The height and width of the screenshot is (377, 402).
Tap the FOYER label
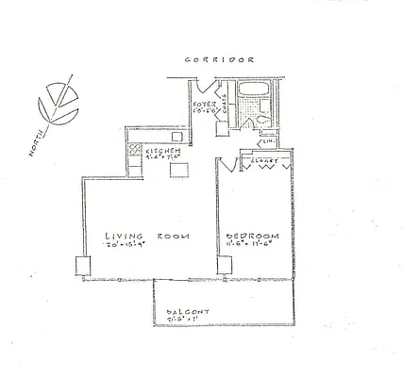click(x=205, y=104)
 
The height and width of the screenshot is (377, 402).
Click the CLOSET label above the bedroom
click(x=262, y=161)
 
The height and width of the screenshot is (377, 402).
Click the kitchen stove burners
click(x=137, y=151)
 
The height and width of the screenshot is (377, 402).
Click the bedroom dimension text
click(x=251, y=247)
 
